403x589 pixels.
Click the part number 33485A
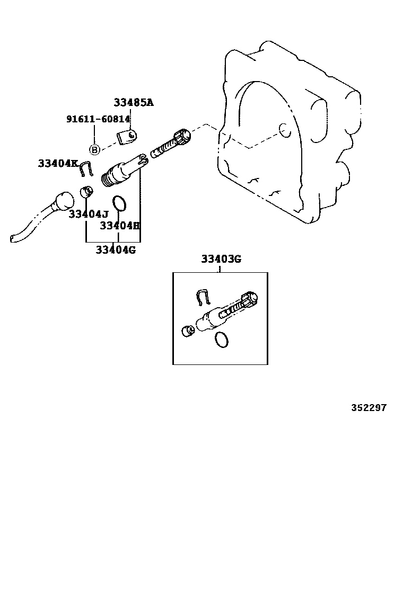point(133,103)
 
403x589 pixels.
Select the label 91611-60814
point(98,119)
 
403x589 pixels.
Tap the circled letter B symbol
point(94,149)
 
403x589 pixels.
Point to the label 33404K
point(58,163)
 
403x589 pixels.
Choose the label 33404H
point(120,226)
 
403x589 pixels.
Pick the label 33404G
point(116,249)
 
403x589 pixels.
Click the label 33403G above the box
point(221,259)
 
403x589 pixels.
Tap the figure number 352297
point(369,408)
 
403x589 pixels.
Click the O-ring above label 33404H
point(119,203)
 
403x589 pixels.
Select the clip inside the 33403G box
point(204,298)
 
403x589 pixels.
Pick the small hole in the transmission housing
point(282,128)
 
